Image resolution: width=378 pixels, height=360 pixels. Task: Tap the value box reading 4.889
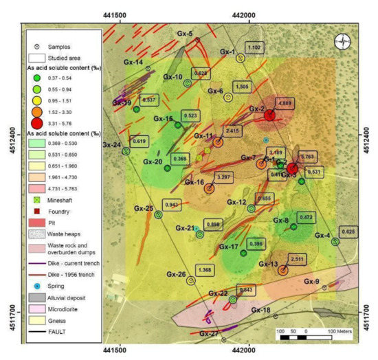pyautogui.click(x=284, y=103)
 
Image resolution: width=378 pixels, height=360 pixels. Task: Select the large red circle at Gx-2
pyautogui.click(x=270, y=115)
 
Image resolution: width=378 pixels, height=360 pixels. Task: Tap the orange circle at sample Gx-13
pyautogui.click(x=282, y=270)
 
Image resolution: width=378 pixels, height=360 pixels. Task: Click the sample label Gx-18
pyautogui.click(x=260, y=311)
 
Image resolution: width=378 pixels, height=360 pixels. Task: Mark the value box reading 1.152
pyautogui.click(x=254, y=47)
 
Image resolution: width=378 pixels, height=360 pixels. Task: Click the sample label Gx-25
pyautogui.click(x=143, y=208)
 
